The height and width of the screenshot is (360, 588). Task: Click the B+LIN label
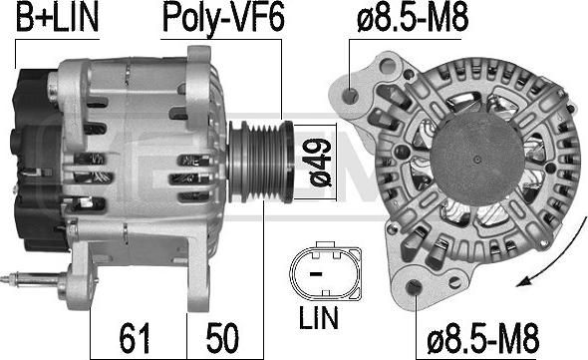coord(58,18)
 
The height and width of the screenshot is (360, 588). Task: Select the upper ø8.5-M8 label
coord(413,18)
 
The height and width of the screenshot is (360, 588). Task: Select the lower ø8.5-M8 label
coord(483,338)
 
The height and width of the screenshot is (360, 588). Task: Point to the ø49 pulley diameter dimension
coord(320,163)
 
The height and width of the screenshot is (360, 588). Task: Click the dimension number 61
coord(135,338)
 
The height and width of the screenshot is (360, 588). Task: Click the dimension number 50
coord(222,338)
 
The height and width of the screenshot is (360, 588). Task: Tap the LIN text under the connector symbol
coord(318,317)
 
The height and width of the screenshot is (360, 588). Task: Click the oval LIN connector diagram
coord(326,272)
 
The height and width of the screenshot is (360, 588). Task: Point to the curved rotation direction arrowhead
coord(524,281)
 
